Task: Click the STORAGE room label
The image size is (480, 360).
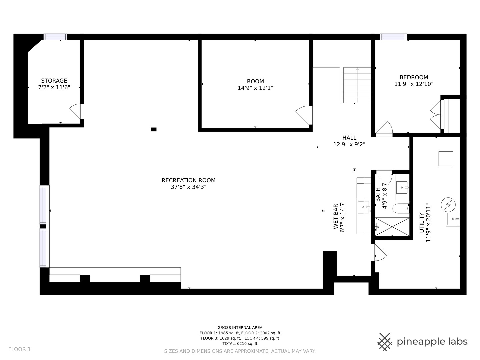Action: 54,81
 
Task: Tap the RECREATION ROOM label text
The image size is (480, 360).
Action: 188,180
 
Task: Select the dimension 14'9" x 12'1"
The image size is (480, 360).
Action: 255,88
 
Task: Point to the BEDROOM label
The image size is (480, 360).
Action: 414,77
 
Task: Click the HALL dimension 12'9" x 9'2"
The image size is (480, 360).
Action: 349,144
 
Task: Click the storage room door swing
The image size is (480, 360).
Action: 76,111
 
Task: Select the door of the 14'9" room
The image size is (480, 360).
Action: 303,115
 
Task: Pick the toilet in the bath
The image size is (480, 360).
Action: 400,209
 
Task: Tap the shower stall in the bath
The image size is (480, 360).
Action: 392,227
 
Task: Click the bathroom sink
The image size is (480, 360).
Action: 402,187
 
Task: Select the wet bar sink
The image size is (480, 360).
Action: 363,207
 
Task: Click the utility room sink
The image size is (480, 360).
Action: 453,219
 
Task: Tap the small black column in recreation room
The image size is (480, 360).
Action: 154,129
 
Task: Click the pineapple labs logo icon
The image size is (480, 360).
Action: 385,342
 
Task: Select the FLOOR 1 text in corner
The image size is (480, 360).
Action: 19,349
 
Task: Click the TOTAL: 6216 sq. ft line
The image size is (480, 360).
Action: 240,343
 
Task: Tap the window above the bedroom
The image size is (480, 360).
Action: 393,37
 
